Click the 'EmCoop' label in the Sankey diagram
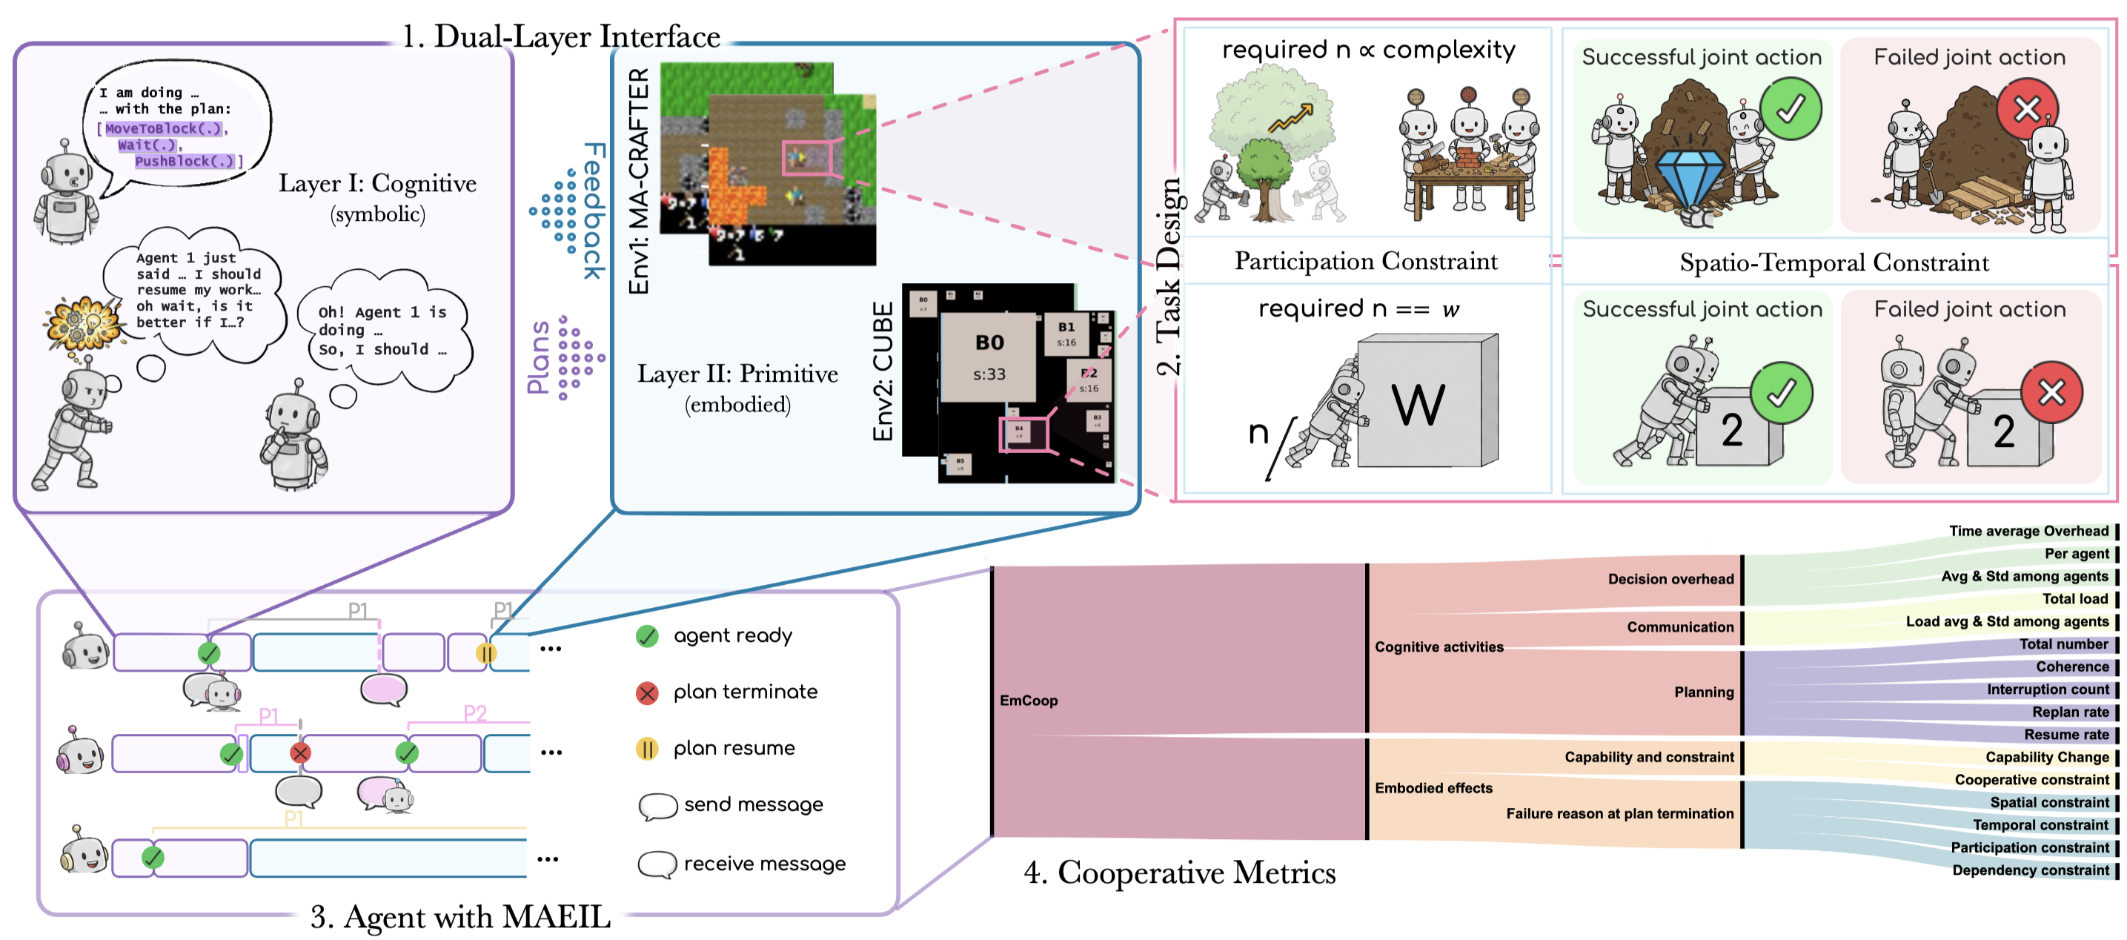(1028, 701)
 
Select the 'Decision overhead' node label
(1670, 579)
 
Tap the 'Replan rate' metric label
(2070, 712)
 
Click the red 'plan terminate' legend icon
(647, 693)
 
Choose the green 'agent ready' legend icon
(647, 636)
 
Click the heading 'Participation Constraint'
(1366, 261)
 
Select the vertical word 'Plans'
(538, 357)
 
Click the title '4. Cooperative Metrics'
(1179, 873)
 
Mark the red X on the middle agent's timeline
(301, 752)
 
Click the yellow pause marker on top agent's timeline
(485, 653)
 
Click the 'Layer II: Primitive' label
(737, 374)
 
